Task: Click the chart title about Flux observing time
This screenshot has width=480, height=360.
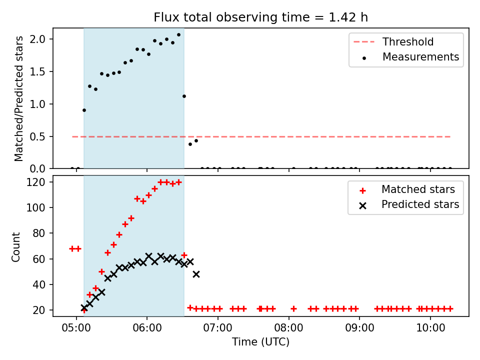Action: click(260, 17)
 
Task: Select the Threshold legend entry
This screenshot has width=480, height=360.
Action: click(393, 41)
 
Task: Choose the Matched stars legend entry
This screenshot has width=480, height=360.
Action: click(407, 189)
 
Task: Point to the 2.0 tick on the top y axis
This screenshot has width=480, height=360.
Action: click(37, 39)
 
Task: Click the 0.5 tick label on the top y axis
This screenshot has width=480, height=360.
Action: click(37, 136)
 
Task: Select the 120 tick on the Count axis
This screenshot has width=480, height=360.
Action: click(36, 182)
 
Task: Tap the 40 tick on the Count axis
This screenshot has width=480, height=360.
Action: click(39, 284)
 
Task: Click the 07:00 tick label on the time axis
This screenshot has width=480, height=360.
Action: click(217, 328)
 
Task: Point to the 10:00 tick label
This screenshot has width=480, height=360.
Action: click(430, 328)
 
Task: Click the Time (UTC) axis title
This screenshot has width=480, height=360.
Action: click(260, 341)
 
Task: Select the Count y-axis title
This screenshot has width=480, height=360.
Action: click(15, 246)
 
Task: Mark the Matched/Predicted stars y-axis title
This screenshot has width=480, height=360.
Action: click(18, 98)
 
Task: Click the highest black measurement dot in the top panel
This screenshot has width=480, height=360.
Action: click(179, 35)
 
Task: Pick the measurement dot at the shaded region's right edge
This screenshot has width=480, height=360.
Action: click(184, 96)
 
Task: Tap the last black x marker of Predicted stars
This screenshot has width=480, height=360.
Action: click(196, 274)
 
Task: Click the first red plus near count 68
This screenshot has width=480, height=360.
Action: click(72, 248)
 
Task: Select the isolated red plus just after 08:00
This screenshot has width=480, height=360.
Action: click(293, 308)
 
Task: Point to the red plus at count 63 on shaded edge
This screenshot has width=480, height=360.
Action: click(184, 255)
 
